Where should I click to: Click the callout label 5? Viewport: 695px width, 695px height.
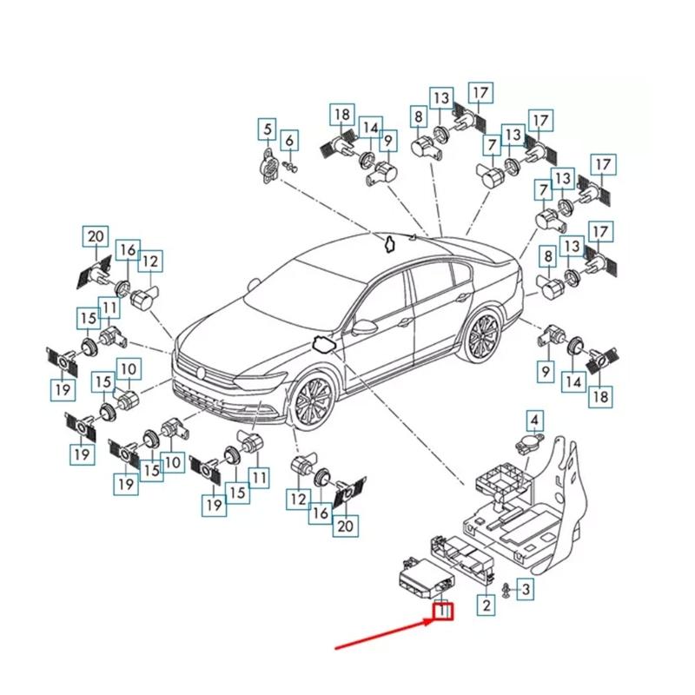point(268,131)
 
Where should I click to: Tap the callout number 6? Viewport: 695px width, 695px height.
point(289,139)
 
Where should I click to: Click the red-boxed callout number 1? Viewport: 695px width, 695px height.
point(444,610)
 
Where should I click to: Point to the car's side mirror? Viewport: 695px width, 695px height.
point(365,328)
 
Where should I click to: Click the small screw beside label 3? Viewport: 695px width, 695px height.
point(505,591)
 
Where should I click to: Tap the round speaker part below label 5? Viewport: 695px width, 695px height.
point(270,165)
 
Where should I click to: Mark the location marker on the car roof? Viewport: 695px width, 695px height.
point(390,242)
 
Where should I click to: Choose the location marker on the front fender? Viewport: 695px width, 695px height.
point(323,343)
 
